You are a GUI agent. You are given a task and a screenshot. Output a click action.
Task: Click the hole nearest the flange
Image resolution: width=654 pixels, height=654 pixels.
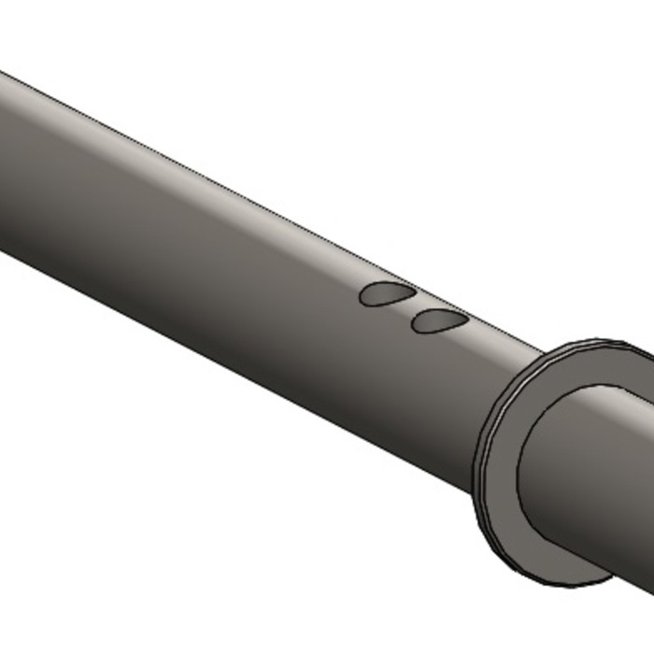(x=439, y=322)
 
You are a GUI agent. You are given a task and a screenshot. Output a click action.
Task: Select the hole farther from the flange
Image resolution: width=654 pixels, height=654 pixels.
(x=387, y=294)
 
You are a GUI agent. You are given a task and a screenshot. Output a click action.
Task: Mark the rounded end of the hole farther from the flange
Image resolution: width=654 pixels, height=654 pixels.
(x=364, y=297)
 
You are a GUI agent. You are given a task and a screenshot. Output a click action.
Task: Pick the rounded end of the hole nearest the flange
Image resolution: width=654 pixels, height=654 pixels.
(x=416, y=325)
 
